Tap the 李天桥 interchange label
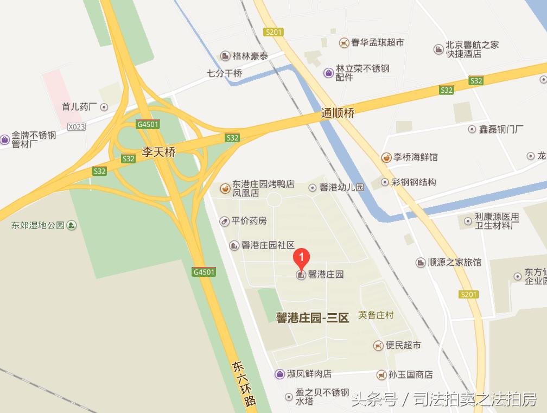pyautogui.click(x=159, y=153)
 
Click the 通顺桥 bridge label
pyautogui.click(x=338, y=113)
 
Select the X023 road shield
pyautogui.click(x=77, y=127)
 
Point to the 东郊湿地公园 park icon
pyautogui.click(x=71, y=225)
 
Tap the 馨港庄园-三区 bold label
pyautogui.click(x=312, y=318)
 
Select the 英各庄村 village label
pyautogui.click(x=376, y=315)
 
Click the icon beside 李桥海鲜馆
pyautogui.click(x=386, y=157)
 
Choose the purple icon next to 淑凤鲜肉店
pyautogui.click(x=279, y=374)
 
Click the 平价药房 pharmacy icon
pyautogui.click(x=225, y=221)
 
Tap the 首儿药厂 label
pyautogui.click(x=79, y=107)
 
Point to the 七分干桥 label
pyautogui.click(x=225, y=73)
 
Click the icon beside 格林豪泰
pyautogui.click(x=225, y=56)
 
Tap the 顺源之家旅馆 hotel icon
pyautogui.click(x=421, y=263)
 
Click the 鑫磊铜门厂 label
pyautogui.click(x=501, y=129)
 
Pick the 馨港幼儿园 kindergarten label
pyautogui.click(x=342, y=188)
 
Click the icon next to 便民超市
pyautogui.click(x=378, y=345)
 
